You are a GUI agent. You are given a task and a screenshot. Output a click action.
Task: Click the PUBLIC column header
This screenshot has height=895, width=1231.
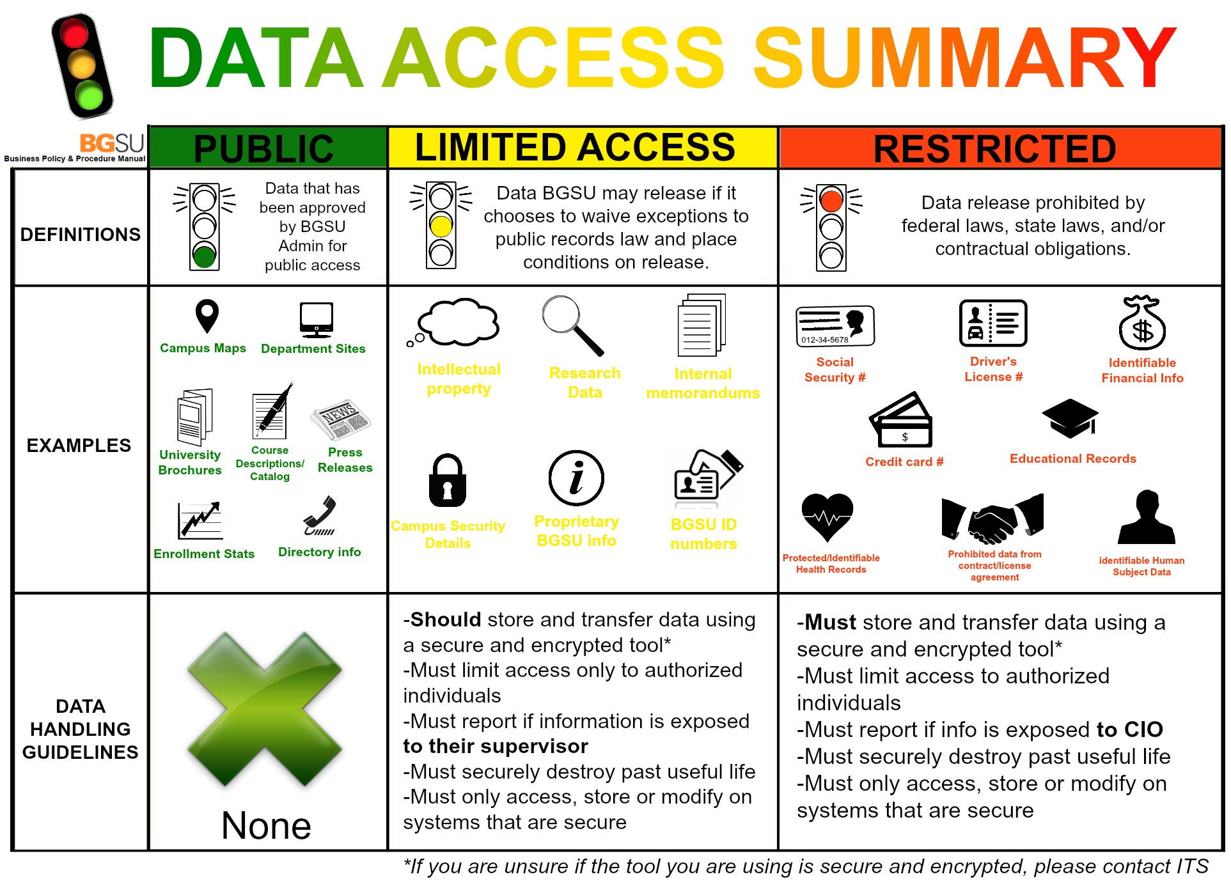coord(263,148)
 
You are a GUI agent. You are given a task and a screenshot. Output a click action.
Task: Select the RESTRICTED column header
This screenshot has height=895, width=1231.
coord(995,149)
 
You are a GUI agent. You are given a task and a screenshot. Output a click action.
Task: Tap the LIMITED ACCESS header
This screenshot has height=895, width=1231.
coord(576,147)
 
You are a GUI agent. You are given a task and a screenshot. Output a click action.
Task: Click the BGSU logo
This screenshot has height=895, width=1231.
coord(111,142)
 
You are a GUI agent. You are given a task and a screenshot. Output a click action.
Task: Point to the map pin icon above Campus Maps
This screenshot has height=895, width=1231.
coord(207,316)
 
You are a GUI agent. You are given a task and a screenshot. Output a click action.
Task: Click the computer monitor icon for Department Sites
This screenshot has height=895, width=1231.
coord(317,320)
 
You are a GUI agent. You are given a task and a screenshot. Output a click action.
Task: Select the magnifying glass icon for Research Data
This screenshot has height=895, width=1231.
coord(572,325)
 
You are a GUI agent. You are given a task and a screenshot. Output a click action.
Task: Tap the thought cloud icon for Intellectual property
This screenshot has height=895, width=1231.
coord(453,322)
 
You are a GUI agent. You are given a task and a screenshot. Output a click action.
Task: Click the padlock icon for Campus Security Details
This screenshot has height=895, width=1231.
coord(448,480)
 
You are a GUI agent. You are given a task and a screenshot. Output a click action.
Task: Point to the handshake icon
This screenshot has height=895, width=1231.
coord(992,518)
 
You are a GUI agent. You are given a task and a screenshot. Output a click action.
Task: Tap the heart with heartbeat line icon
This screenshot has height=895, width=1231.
coord(827,517)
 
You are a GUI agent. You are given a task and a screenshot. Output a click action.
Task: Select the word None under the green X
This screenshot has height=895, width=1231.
coord(266,825)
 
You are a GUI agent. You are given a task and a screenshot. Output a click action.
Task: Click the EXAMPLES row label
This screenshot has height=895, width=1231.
coord(79,446)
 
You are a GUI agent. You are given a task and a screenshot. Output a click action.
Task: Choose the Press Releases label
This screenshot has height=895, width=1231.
coord(345,460)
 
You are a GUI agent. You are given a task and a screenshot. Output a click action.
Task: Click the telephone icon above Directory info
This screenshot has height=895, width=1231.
coord(320,515)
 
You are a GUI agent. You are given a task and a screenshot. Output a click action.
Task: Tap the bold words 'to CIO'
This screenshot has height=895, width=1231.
coord(1130,729)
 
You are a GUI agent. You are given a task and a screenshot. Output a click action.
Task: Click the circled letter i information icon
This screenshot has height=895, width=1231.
coord(576,478)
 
